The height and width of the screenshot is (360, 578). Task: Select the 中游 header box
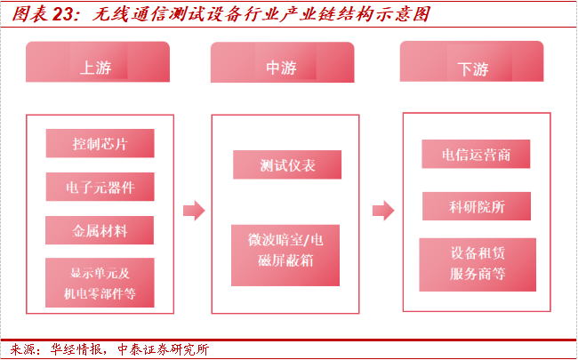(284, 67)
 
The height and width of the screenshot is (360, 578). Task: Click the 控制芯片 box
(100, 143)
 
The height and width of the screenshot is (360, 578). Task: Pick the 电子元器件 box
(100, 187)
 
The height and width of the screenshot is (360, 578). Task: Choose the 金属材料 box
(100, 231)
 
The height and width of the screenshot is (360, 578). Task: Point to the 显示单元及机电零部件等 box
(100, 283)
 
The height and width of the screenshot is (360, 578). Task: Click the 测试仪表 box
(287, 164)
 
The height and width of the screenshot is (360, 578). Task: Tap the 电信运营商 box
(477, 154)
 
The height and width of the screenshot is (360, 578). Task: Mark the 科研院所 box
(477, 207)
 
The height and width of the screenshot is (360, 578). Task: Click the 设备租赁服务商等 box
(478, 264)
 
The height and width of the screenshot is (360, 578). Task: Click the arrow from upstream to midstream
(193, 211)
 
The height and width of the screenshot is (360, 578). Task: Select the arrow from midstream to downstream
(382, 211)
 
